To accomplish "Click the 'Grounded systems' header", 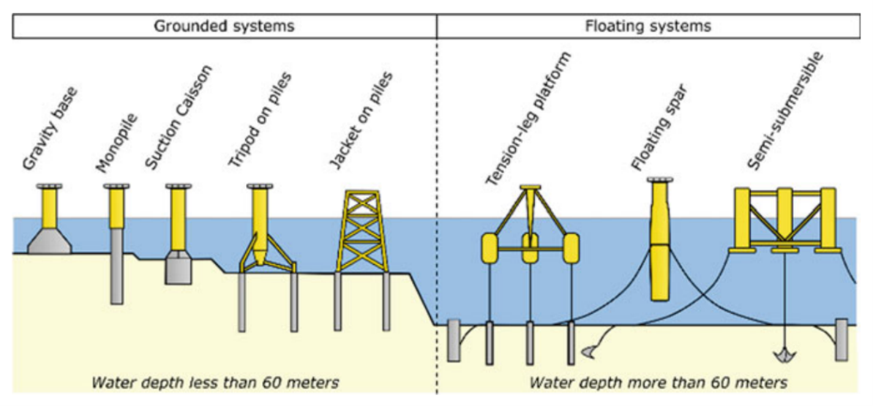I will pos(224,26).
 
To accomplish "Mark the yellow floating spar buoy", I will pos(660,241).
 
